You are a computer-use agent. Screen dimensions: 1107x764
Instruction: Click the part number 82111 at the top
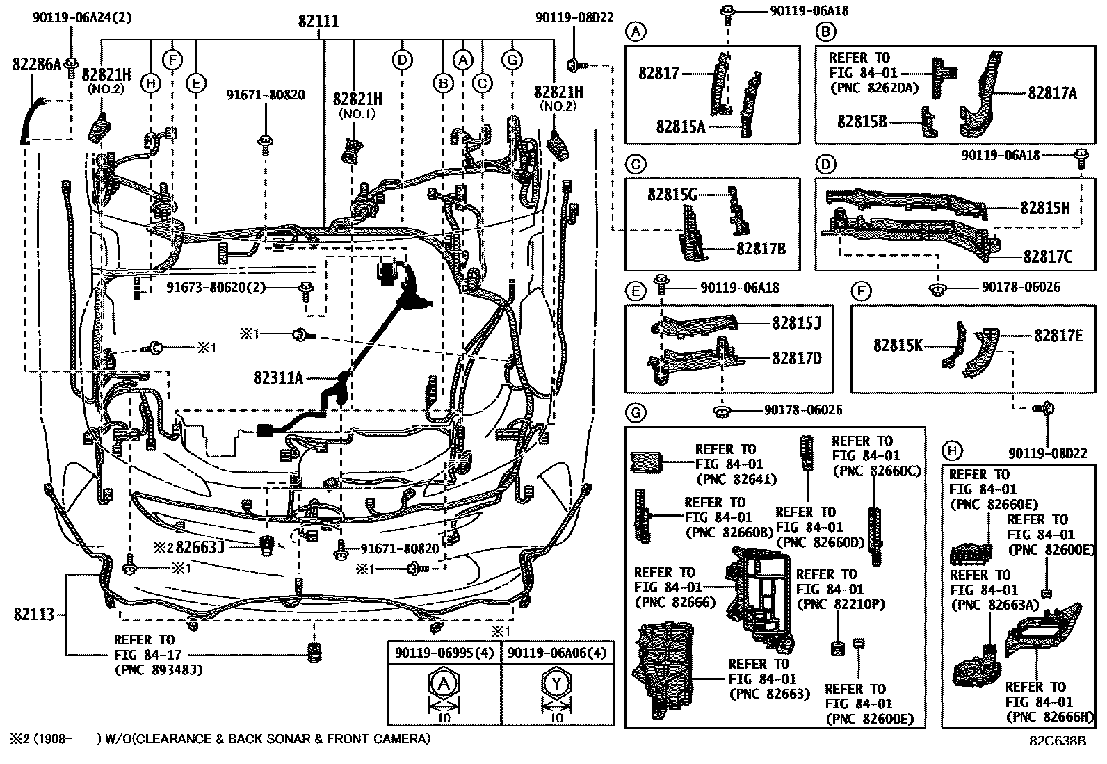[318, 22]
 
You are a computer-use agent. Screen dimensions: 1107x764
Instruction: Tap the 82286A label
[37, 64]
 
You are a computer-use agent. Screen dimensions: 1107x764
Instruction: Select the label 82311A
[278, 377]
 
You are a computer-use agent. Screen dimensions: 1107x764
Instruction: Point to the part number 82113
[33, 615]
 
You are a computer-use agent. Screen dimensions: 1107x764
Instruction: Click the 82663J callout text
[200, 547]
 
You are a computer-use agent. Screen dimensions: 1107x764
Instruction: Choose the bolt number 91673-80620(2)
[216, 287]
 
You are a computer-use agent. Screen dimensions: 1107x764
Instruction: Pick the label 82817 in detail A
[658, 74]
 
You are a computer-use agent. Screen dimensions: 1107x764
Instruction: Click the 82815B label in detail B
[862, 122]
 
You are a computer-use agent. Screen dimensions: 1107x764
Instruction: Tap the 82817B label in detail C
[761, 249]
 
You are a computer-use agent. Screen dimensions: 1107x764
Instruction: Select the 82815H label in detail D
[1044, 208]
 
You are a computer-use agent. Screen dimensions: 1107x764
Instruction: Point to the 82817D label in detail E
[797, 358]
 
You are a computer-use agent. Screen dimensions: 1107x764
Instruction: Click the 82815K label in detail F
[898, 345]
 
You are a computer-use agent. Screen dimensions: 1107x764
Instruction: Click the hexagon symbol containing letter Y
[556, 684]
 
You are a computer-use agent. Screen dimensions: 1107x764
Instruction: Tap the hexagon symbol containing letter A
[444, 684]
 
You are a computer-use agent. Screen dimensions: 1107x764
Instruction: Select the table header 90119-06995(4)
[444, 653]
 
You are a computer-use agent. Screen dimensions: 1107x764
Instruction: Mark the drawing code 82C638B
[1058, 741]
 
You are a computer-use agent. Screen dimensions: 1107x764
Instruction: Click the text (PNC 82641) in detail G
[736, 479]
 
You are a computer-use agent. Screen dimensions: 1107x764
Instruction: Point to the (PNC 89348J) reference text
[159, 670]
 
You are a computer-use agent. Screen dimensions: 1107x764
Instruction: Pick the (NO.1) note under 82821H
[357, 114]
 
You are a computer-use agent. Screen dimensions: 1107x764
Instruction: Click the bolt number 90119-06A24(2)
[83, 18]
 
